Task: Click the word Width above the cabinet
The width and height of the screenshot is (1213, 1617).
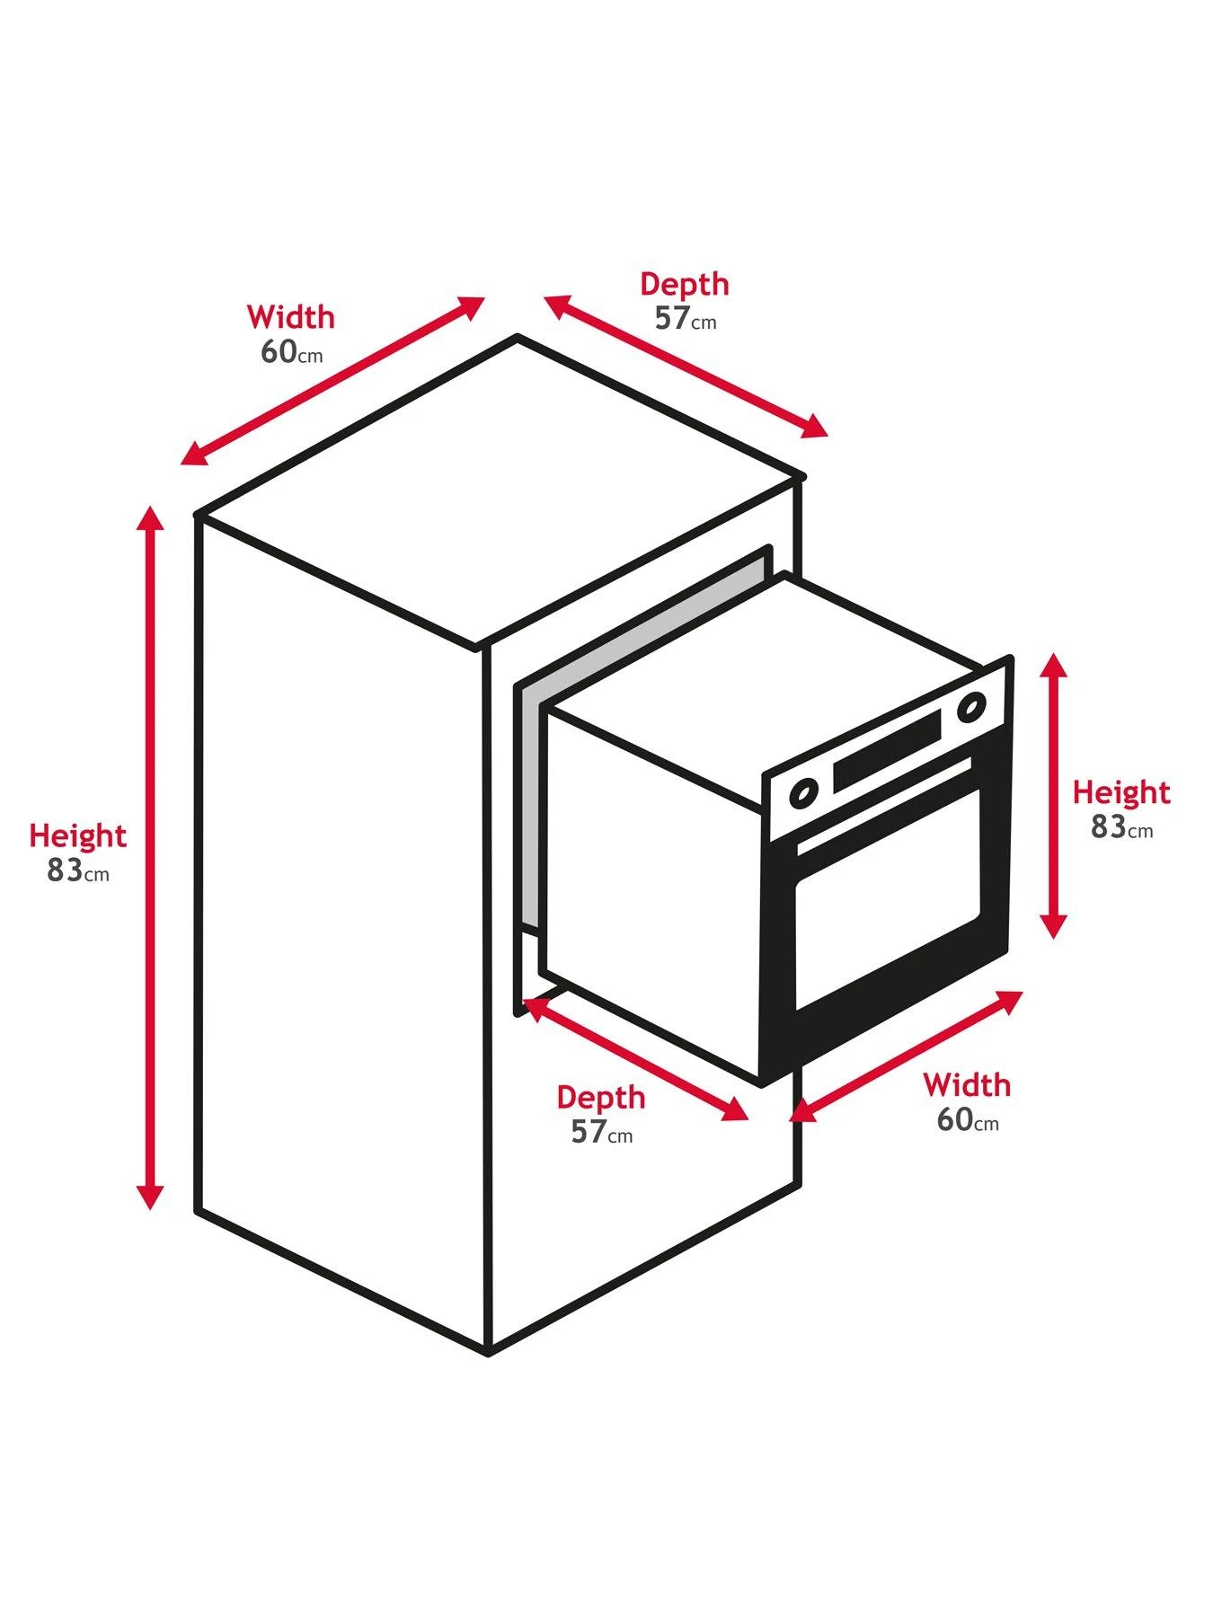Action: click(290, 317)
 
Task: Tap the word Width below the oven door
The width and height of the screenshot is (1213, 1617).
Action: click(967, 1085)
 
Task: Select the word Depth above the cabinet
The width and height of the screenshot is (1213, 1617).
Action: click(684, 284)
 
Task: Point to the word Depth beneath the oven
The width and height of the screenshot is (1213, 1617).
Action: click(600, 1097)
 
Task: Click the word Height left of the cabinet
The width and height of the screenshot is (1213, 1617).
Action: click(77, 835)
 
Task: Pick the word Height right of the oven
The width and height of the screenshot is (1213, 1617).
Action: click(1121, 792)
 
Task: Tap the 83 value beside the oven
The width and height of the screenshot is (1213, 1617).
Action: click(1109, 827)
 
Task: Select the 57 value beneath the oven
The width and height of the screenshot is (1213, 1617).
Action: click(589, 1132)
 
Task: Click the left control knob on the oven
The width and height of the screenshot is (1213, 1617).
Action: click(802, 793)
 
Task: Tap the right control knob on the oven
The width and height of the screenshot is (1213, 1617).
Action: click(970, 709)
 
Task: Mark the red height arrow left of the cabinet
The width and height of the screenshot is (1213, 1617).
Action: click(150, 858)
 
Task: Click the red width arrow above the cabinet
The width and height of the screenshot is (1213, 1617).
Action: click(332, 381)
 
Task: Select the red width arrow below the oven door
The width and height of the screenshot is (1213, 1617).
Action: click(906, 1056)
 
